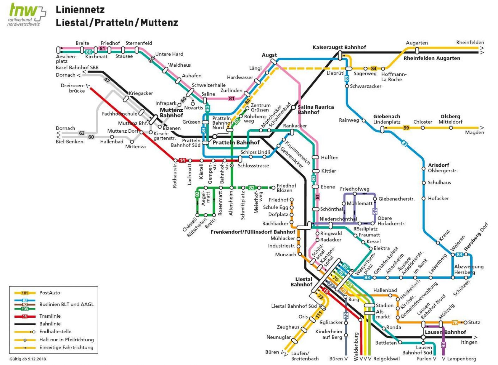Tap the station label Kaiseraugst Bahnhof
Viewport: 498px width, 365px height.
(339, 47)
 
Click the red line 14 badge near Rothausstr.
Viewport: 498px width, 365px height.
(182, 160)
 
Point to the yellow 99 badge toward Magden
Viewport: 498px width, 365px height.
(406, 128)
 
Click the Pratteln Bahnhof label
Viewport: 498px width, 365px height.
(236, 143)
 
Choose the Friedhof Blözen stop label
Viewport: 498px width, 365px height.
(286, 188)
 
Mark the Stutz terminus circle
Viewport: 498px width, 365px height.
(465, 323)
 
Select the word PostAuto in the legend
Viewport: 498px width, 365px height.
(49, 293)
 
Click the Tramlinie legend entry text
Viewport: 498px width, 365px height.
(50, 316)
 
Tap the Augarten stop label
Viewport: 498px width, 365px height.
(417, 43)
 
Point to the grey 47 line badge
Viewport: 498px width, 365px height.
(107, 80)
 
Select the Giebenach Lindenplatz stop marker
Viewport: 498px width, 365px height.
(382, 129)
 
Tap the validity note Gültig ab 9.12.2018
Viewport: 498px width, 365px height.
(28, 359)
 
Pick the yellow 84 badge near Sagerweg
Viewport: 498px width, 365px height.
(374, 69)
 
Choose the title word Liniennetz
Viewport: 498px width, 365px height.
(80, 10)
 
